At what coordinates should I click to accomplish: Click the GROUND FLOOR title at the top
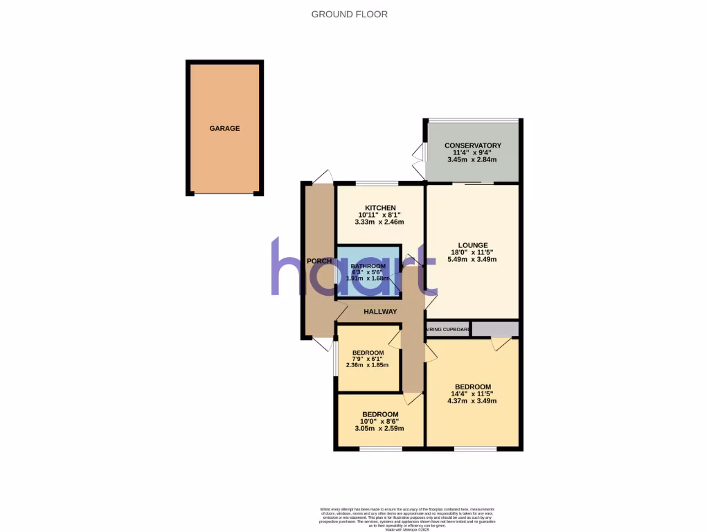(349, 14)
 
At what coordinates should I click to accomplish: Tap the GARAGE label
(225, 128)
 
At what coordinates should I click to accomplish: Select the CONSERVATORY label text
(472, 145)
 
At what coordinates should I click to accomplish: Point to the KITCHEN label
(380, 208)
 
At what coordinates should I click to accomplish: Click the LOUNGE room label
(472, 245)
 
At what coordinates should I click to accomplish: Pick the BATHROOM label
(368, 266)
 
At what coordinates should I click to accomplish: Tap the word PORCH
(319, 260)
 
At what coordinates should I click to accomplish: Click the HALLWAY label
(380, 312)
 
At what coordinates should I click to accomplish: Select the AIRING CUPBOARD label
(448, 329)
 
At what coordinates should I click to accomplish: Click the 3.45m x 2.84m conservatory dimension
(472, 159)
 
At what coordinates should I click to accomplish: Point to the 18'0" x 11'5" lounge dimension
(472, 252)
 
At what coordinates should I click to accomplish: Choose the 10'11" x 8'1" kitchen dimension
(379, 215)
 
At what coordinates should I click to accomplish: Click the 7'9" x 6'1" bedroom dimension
(368, 359)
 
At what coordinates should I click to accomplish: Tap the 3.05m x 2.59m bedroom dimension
(379, 428)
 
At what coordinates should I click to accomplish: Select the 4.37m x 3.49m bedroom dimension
(472, 401)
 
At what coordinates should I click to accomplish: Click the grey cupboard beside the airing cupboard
(494, 329)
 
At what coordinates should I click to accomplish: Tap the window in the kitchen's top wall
(377, 183)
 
